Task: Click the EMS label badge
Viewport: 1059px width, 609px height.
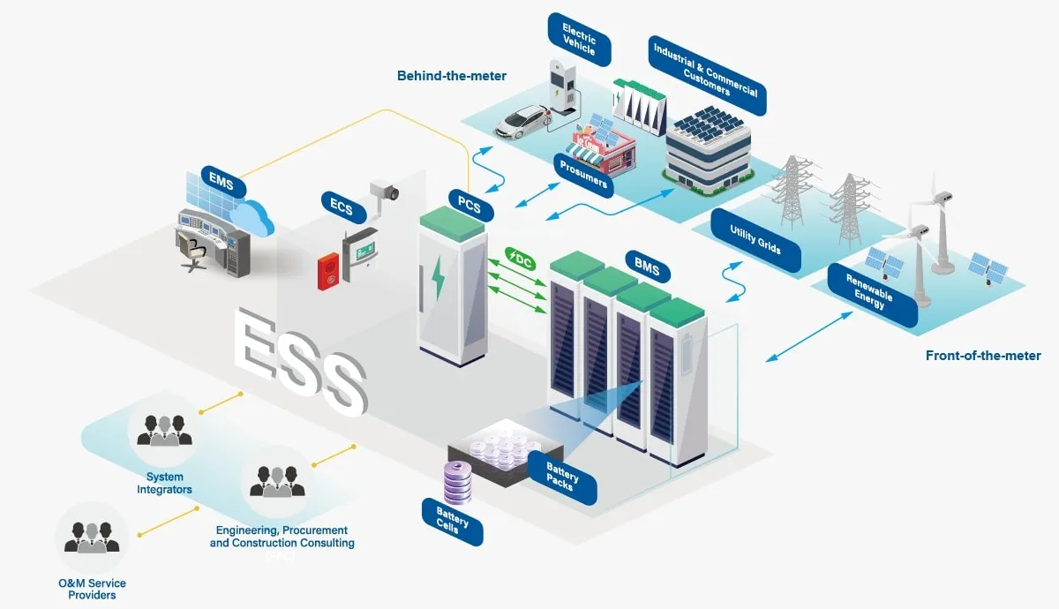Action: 222,181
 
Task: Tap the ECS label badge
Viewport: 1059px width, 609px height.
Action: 343,207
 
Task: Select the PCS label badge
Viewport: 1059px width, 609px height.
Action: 470,205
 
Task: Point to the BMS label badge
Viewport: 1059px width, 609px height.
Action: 647,267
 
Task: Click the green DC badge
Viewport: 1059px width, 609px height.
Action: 520,259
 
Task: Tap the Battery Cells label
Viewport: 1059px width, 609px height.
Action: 452,521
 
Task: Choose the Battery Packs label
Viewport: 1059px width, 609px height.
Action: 561,477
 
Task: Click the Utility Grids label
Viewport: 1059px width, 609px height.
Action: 755,240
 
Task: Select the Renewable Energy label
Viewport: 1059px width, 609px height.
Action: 872,294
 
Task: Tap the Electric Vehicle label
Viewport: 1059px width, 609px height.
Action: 579,39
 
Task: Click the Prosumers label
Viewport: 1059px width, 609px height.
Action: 583,175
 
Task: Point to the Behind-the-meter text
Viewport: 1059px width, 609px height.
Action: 452,76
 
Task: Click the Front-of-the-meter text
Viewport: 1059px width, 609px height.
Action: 983,356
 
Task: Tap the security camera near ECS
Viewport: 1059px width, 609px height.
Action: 385,194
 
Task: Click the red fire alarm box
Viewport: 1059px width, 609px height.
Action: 328,271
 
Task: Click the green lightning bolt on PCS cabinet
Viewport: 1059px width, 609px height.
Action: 439,277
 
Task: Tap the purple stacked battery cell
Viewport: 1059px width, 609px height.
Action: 458,482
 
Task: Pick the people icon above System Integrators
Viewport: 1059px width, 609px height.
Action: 164,431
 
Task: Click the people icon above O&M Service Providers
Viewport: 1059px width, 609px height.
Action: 92,538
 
